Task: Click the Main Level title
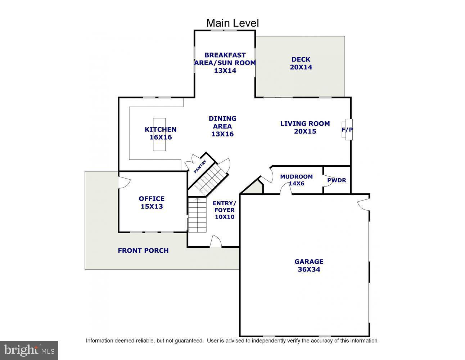(232, 23)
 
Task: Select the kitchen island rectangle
(159, 134)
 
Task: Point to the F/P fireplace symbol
(347, 130)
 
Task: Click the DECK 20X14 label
(301, 63)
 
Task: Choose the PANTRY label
(200, 167)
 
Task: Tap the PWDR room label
(337, 180)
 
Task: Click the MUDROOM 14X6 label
(296, 180)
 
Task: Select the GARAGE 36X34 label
(309, 265)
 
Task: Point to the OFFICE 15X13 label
(152, 202)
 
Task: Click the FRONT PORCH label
(143, 251)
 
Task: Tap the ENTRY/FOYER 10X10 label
(225, 210)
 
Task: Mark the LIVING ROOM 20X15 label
(305, 127)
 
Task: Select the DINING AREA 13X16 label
(222, 126)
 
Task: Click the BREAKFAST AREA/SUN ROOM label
(225, 63)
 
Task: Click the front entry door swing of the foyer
(215, 241)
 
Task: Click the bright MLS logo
(29, 350)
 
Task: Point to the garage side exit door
(364, 204)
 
